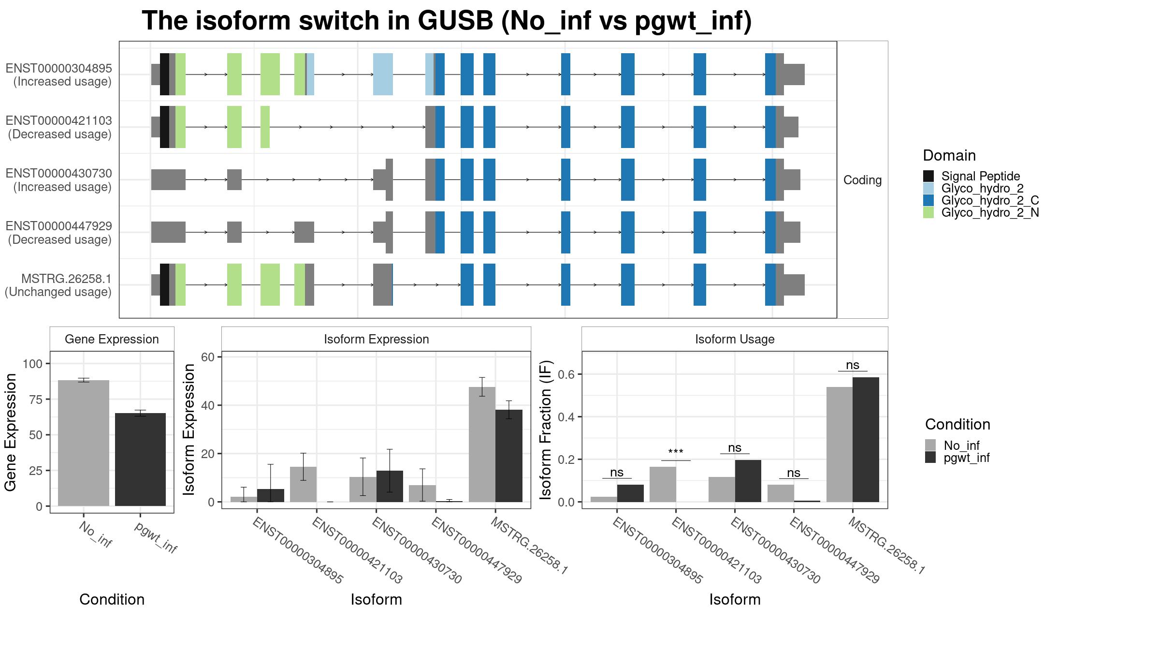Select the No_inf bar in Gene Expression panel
click(x=84, y=443)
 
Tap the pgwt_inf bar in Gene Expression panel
click(x=140, y=460)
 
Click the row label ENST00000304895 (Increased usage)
click(x=59, y=75)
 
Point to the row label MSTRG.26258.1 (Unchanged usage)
click(x=58, y=285)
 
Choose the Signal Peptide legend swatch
click(x=928, y=176)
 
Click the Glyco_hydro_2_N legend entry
click(x=981, y=212)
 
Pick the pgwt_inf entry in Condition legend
click(x=957, y=458)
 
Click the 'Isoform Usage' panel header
click(x=735, y=339)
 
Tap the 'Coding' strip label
click(x=863, y=180)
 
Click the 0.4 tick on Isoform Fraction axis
click(x=566, y=417)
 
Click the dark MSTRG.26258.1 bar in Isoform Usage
click(x=866, y=440)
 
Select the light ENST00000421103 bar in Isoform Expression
click(x=303, y=484)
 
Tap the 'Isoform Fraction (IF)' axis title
click(x=546, y=430)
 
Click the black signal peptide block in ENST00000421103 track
click(x=164, y=127)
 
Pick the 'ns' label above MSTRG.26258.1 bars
click(x=853, y=365)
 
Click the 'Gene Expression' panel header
click(x=112, y=339)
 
